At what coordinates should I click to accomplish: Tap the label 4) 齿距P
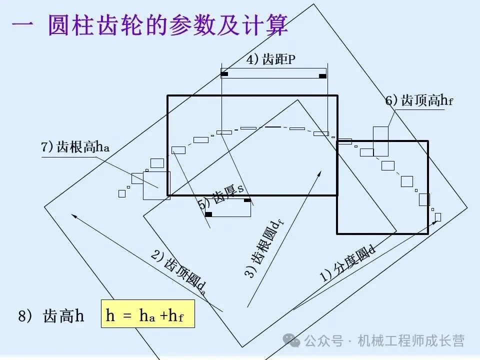pos(271,60)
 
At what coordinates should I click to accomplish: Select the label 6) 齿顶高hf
pos(419,101)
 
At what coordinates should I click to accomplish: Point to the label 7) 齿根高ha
pos(75,147)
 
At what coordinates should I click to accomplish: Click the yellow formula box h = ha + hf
pos(147,314)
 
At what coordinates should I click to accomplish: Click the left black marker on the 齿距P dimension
pos(224,74)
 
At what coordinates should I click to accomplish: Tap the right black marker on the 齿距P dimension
pos(322,76)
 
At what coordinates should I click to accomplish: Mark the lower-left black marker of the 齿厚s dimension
pos(209,214)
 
